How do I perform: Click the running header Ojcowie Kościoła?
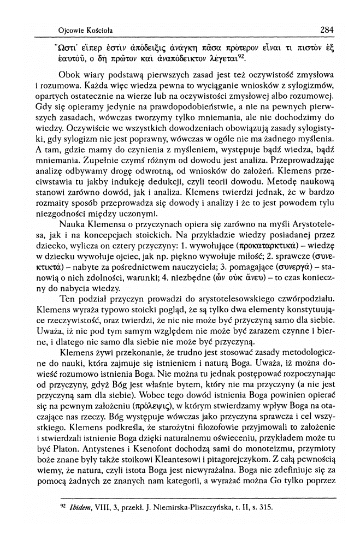tap(88, 29)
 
